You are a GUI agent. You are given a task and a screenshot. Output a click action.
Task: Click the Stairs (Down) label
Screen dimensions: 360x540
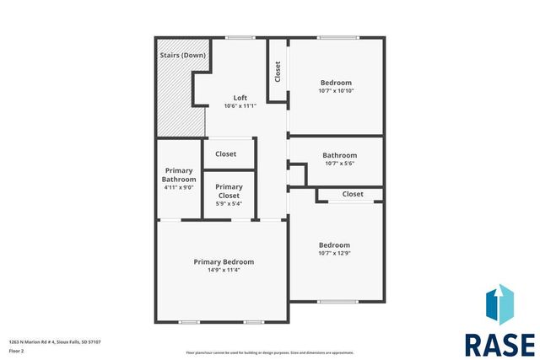click(x=180, y=56)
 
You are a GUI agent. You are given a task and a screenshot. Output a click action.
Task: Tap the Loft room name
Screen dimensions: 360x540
click(x=240, y=98)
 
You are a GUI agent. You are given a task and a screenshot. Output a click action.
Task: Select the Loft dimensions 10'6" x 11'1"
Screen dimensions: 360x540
click(x=240, y=106)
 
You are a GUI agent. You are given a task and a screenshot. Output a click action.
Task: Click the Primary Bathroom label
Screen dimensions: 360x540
click(x=179, y=175)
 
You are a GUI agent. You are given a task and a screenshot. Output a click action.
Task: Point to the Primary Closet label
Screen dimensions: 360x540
click(x=229, y=191)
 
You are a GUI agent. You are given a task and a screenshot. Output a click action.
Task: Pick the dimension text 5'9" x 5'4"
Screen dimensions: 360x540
click(x=229, y=203)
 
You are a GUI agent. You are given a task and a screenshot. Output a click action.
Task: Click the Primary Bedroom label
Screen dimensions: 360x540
click(x=224, y=261)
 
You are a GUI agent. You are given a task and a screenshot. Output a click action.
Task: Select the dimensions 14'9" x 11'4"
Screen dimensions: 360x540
click(x=224, y=271)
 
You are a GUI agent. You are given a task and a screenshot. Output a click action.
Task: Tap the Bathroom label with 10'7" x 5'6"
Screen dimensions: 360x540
click(x=339, y=155)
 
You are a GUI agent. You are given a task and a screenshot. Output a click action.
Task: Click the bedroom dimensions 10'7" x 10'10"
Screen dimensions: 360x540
click(x=336, y=91)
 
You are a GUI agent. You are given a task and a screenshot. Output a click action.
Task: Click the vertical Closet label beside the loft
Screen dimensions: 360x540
click(x=278, y=72)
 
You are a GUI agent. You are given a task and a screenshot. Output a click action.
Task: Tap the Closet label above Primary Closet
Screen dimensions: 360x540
click(x=226, y=154)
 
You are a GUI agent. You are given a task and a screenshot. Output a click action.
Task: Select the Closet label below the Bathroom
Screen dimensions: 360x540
click(x=353, y=194)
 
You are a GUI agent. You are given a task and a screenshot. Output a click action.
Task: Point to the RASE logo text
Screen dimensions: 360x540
click(x=499, y=345)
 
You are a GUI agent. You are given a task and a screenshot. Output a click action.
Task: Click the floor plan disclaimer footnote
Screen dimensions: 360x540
click(x=270, y=352)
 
